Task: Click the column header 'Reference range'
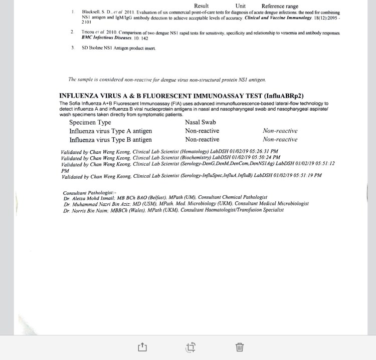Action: (280, 6)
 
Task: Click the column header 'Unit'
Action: (240, 6)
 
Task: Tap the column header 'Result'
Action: (201, 6)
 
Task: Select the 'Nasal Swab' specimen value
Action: (201, 122)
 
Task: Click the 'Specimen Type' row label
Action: (90, 122)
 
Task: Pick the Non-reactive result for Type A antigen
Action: (202, 131)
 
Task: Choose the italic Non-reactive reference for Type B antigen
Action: (280, 140)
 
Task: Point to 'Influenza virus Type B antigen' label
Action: (110, 140)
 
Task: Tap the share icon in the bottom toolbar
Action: (142, 346)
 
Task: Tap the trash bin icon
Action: (240, 346)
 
